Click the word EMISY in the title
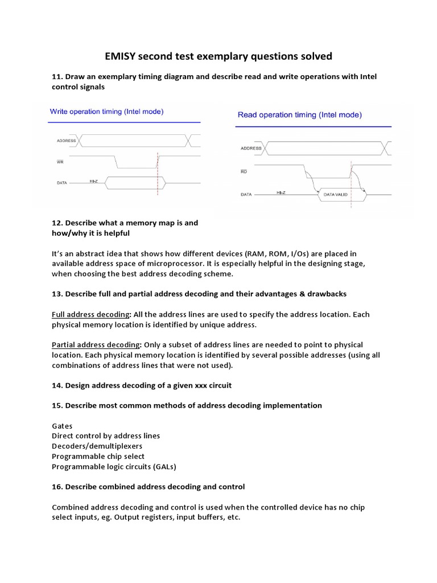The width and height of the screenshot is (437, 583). click(122, 56)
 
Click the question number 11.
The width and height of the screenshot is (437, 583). click(57, 77)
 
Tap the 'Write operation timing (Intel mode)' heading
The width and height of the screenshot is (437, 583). click(107, 112)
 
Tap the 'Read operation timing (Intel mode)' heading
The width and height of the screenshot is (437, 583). click(299, 115)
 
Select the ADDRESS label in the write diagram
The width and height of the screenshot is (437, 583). click(66, 140)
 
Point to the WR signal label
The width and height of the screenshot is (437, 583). click(61, 162)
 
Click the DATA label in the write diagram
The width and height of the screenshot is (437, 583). click(62, 183)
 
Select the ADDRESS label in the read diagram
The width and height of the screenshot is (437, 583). click(251, 149)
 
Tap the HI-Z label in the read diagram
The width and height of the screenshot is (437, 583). click(281, 194)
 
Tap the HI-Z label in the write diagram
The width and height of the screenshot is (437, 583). click(94, 181)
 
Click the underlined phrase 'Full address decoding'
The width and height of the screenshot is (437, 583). click(91, 314)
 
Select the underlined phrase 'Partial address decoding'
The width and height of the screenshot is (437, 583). click(96, 345)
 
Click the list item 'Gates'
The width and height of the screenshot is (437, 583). click(62, 426)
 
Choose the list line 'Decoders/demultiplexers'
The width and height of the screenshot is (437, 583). click(97, 446)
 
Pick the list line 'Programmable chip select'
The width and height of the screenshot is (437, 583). click(98, 457)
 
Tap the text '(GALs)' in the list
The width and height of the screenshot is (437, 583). click(163, 467)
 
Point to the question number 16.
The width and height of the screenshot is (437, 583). click(57, 487)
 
